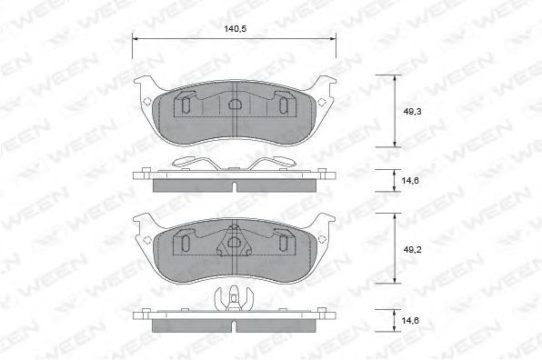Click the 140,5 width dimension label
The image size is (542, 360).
coord(235,29)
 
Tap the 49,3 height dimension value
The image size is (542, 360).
coord(412,112)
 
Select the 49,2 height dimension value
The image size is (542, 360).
coord(412,249)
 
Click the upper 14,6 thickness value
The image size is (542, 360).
coord(410,180)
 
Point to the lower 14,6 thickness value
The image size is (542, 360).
coord(410,321)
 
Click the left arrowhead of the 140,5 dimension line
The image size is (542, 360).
coord(135,39)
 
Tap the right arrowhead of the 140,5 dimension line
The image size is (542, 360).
coord(333,39)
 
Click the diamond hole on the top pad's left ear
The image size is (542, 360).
coord(146,101)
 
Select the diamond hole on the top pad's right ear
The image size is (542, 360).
coord(321,102)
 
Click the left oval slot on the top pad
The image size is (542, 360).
coord(186,105)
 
